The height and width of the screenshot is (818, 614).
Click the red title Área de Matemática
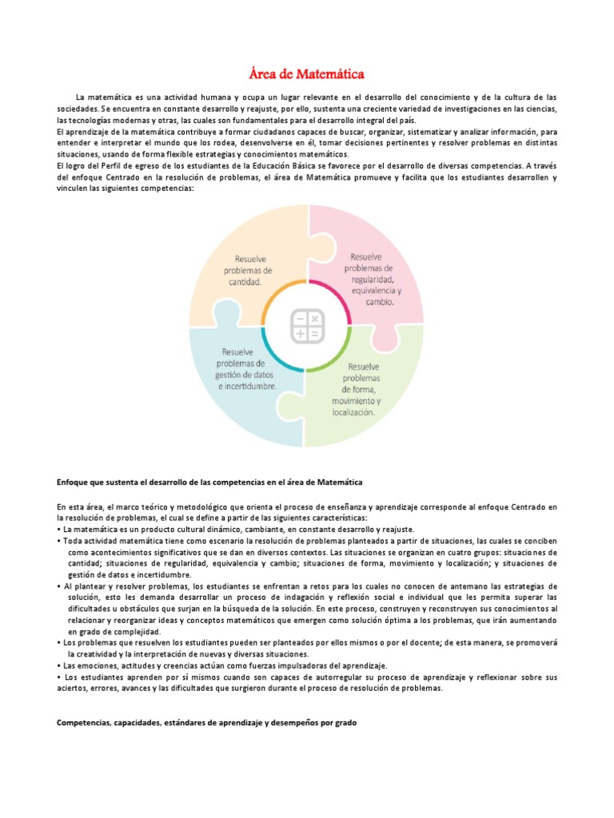point(307,75)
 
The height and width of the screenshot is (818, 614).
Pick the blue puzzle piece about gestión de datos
point(244,375)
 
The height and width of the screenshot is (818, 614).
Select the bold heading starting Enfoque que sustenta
point(210,482)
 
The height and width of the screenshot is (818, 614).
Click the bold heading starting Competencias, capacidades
point(207,723)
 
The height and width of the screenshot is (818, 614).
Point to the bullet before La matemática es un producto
point(59,530)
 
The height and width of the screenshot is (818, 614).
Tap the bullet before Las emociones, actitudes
point(59,665)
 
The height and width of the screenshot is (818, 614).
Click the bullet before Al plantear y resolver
point(59,586)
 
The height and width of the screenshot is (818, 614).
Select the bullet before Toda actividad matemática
point(59,541)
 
